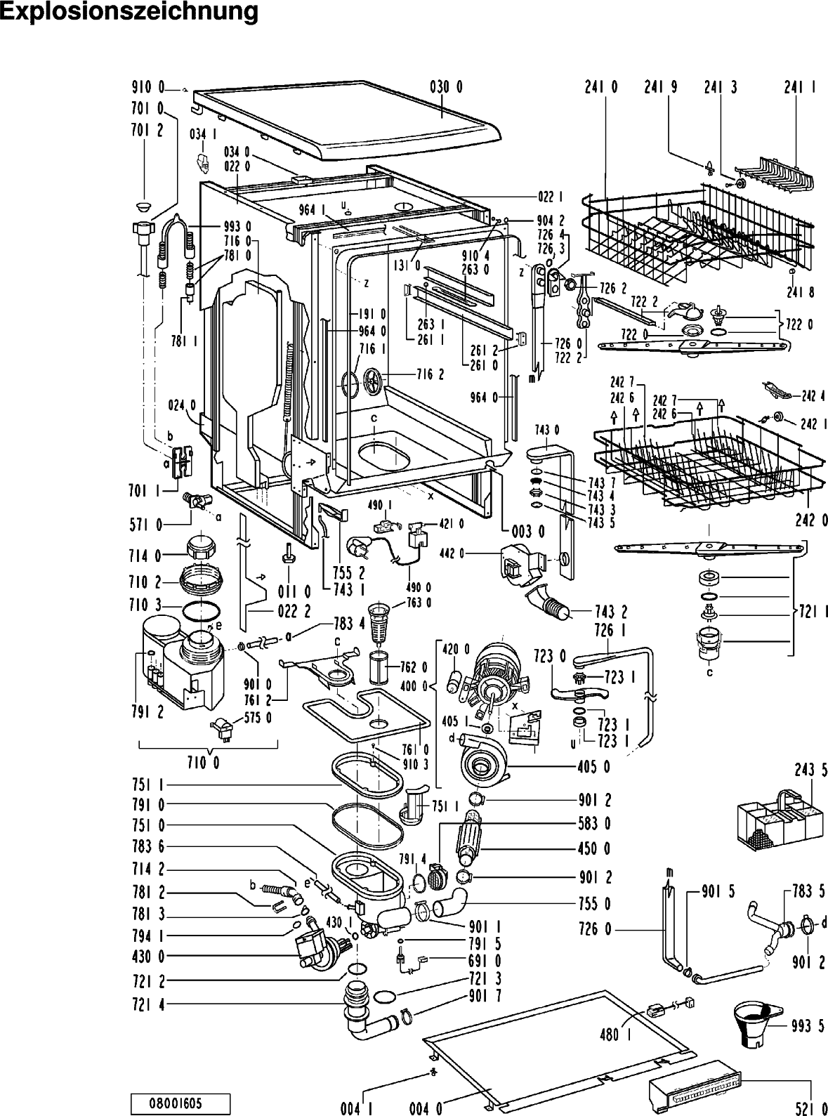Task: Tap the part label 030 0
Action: (x=446, y=88)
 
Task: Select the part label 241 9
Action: (x=660, y=88)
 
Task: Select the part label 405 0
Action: (x=594, y=767)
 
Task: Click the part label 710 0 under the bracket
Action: (x=204, y=763)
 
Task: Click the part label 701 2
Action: (x=147, y=131)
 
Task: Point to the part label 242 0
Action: (x=811, y=520)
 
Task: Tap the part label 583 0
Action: (x=594, y=824)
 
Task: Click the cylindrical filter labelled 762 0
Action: (x=378, y=668)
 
